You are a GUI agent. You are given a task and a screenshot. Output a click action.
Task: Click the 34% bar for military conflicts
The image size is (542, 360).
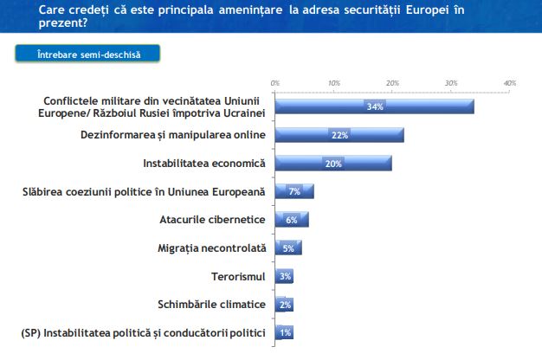tap(374, 106)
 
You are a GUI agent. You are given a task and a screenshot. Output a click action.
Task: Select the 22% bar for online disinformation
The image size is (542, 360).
tap(339, 135)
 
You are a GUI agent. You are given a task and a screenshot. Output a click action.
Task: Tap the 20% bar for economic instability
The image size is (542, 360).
tap(333, 164)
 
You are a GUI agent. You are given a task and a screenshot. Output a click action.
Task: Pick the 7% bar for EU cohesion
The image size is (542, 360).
tap(294, 191)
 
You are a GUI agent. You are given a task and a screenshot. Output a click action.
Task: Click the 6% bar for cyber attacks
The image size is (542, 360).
tap(292, 220)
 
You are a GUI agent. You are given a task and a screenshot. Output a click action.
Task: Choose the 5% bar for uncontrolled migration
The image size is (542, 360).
tap(288, 248)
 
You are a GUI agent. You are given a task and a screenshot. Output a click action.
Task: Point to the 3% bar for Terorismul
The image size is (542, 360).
tap(284, 276)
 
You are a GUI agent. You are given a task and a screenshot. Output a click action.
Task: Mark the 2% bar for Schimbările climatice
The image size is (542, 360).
tap(284, 305)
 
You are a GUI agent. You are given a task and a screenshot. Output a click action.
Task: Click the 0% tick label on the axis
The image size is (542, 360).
tap(274, 83)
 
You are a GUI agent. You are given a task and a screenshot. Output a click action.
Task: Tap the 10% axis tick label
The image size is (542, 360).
tap(333, 83)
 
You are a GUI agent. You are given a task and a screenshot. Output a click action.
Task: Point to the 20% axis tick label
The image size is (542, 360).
tap(392, 83)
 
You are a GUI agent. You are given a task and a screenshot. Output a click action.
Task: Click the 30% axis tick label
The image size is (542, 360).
tap(451, 83)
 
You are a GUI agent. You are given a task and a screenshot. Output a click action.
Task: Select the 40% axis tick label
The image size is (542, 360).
tap(510, 83)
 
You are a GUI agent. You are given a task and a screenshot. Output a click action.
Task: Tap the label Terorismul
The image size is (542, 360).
tap(239, 276)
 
